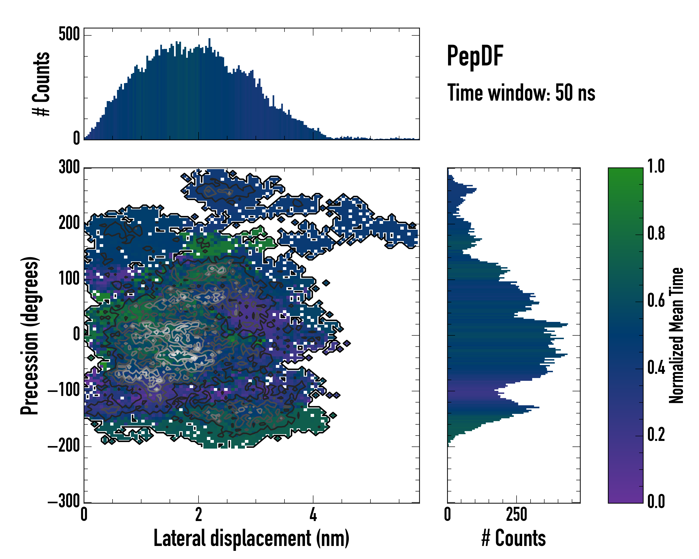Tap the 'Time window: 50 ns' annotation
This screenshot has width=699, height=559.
click(x=521, y=93)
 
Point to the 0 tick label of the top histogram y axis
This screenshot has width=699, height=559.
click(x=76, y=138)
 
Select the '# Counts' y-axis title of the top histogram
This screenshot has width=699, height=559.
click(x=41, y=84)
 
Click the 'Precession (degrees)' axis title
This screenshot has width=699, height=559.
click(x=30, y=335)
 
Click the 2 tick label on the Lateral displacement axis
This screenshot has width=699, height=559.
click(x=199, y=515)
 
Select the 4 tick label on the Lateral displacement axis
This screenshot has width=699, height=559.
click(x=313, y=515)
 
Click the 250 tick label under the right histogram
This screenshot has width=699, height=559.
click(x=517, y=515)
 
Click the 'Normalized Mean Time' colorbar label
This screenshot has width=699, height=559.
click(x=676, y=335)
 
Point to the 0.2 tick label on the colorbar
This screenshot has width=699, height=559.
click(x=656, y=435)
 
